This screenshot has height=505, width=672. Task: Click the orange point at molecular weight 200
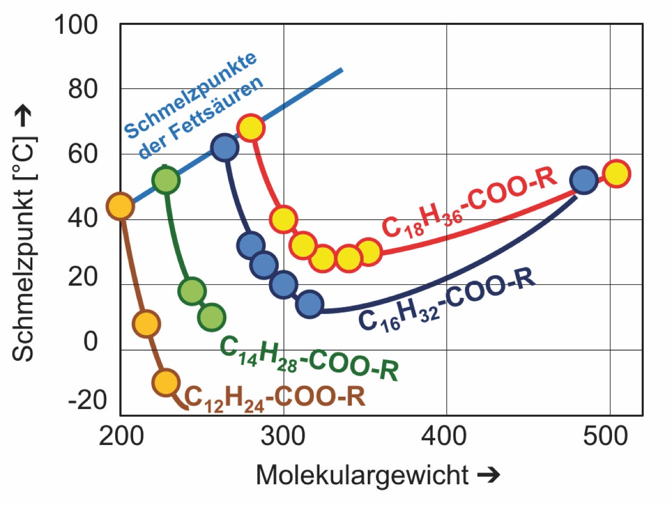[120, 206]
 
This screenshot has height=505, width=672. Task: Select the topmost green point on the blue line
[166, 180]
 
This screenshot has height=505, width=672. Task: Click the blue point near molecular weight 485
[584, 180]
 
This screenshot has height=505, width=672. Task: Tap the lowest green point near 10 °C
[211, 317]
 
